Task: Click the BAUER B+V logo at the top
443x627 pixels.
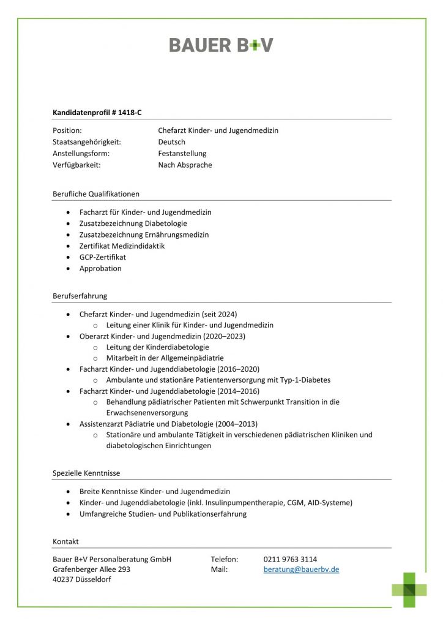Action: [x=221, y=45]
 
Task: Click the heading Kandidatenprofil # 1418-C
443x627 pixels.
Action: [x=97, y=112]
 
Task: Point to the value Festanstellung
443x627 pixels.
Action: [x=182, y=154]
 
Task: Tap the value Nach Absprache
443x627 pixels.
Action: [x=185, y=165]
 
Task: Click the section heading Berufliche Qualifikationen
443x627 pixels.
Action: [x=96, y=193]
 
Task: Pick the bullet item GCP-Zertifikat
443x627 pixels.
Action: [x=103, y=257]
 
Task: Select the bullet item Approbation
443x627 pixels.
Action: [x=100, y=268]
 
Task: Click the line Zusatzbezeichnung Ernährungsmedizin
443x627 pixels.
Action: [x=144, y=235]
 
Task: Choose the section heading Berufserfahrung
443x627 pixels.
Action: [x=80, y=296]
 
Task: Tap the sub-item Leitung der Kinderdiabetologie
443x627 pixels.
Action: [x=157, y=347]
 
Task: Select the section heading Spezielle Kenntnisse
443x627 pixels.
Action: [x=86, y=473]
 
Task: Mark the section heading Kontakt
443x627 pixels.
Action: [x=65, y=541]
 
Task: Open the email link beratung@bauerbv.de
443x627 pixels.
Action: [x=301, y=569]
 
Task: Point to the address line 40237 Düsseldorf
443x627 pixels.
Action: [x=82, y=580]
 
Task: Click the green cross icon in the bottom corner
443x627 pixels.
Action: [x=409, y=589]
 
